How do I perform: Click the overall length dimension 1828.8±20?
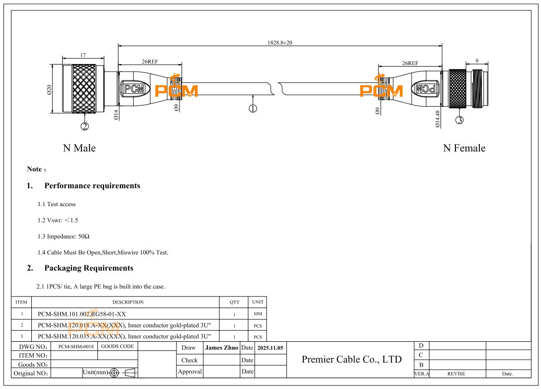(280, 43)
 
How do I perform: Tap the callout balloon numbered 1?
(253, 108)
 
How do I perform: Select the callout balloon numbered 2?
(85, 126)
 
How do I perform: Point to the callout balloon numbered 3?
(459, 120)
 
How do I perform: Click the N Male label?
(79, 148)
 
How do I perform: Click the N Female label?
(464, 148)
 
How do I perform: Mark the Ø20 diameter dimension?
(49, 90)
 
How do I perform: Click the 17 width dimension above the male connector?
(83, 56)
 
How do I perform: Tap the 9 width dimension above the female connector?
(477, 61)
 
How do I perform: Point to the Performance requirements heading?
(92, 186)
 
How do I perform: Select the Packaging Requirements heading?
(89, 268)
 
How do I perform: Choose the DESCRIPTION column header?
(128, 302)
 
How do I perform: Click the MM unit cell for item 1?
(258, 314)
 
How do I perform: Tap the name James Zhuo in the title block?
(221, 348)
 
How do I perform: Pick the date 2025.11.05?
(270, 348)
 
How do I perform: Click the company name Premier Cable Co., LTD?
(352, 359)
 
